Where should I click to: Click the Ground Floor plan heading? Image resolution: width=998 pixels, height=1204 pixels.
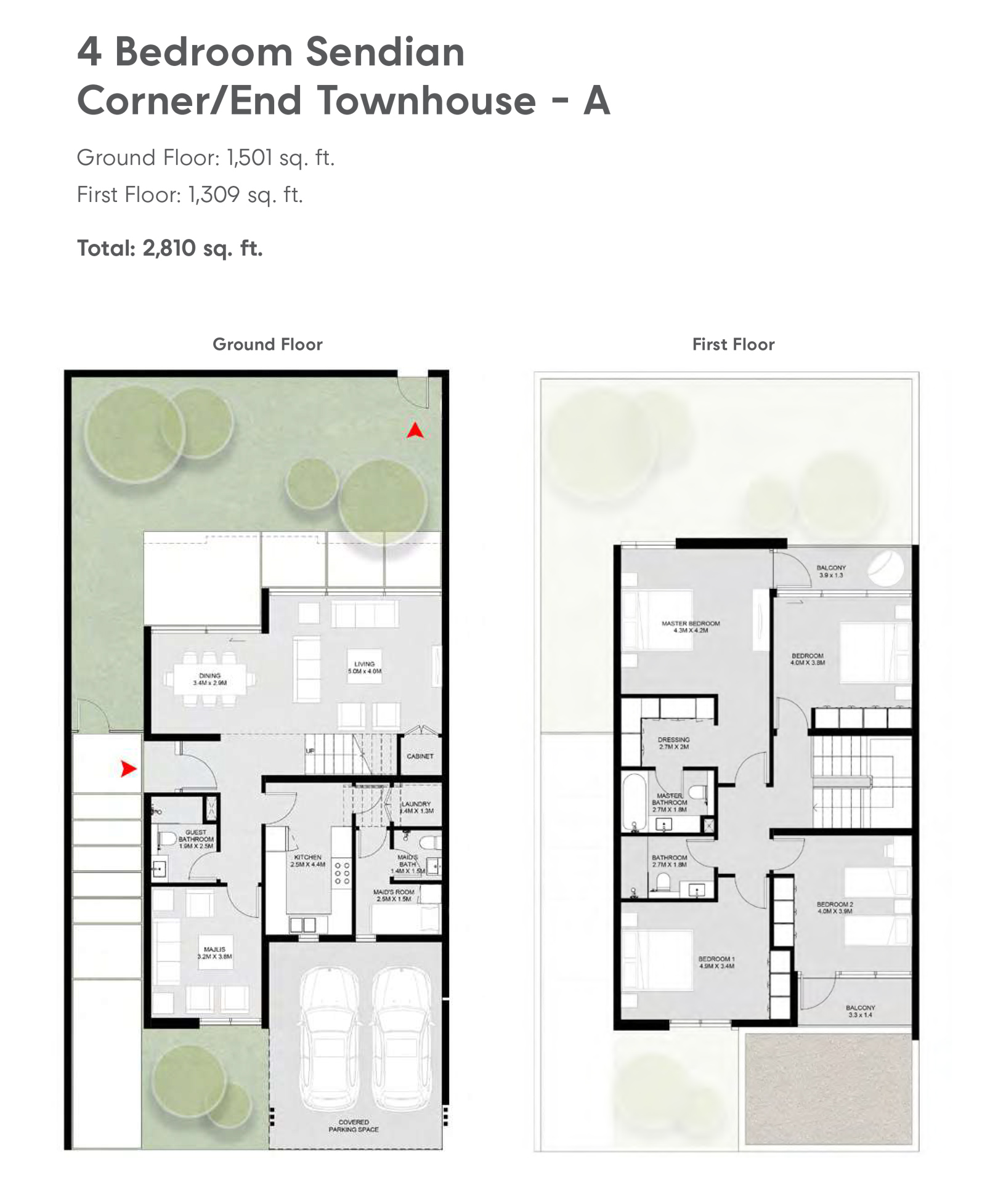coord(267,344)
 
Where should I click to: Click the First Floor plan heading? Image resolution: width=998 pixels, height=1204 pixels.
coord(733,344)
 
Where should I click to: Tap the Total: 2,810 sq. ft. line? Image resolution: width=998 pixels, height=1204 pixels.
coord(169,248)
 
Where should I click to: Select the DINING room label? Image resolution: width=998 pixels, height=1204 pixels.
coord(209,679)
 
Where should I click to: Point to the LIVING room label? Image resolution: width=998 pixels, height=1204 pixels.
coord(364,668)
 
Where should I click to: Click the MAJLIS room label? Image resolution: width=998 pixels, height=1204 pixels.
coord(214,953)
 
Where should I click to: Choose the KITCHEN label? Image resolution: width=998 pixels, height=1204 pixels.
coord(307,860)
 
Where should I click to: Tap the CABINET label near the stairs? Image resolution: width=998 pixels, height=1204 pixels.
coord(420,756)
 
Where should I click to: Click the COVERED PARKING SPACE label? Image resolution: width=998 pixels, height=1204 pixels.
coord(354,1126)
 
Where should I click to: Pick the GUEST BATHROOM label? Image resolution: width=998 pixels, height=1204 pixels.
coord(196,839)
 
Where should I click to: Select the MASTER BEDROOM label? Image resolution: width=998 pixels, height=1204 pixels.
coord(691,627)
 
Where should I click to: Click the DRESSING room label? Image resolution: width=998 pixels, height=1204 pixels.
coord(673,743)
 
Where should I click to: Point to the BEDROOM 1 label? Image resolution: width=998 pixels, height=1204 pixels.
coord(716,962)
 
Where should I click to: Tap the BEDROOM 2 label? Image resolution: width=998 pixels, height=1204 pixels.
coord(835,907)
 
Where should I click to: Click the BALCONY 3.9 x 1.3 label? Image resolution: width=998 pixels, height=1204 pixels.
coord(831,571)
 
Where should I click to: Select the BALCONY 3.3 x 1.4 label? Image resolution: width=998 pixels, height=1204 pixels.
coord(860,1011)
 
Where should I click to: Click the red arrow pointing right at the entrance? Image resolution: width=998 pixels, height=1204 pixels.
coord(128,769)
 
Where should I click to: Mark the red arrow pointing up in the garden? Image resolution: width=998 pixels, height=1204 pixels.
coord(415,430)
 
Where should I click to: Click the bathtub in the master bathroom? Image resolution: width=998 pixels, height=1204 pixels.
coord(634,801)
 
